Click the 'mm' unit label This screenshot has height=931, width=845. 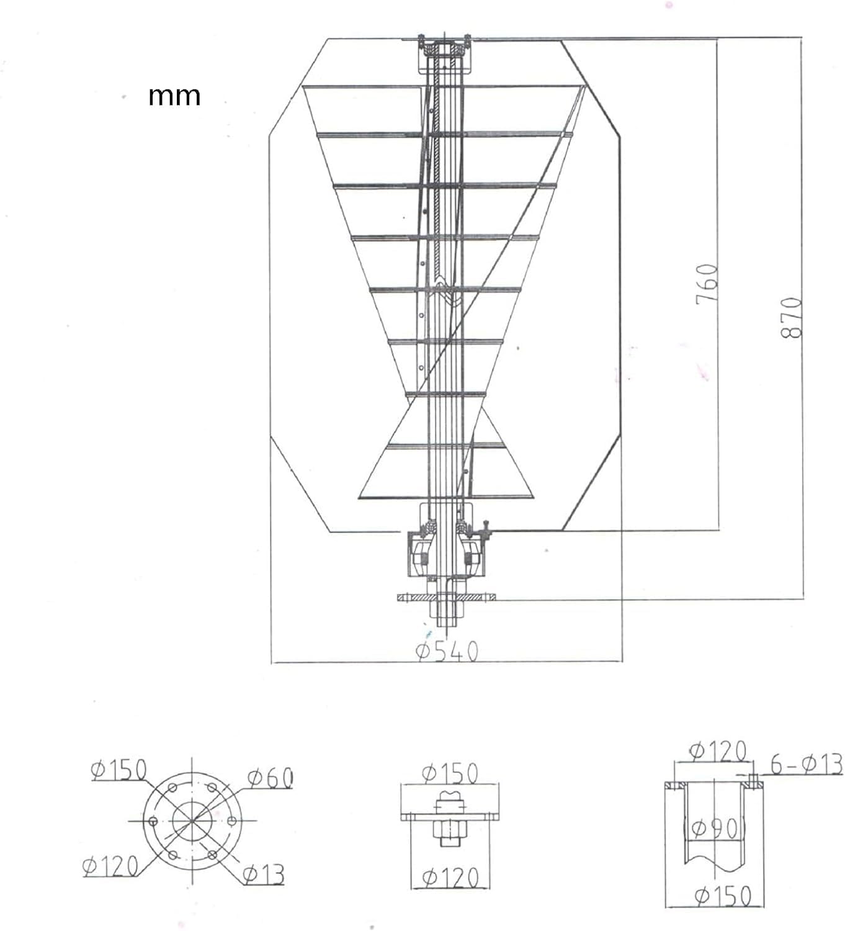pos(174,96)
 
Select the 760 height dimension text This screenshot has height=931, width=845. pos(707,284)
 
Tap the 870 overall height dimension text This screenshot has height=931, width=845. pos(792,317)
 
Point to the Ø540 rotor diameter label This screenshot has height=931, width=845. pos(447,651)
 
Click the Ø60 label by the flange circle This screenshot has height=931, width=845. pos(270,778)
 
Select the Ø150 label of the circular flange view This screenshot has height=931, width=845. pos(118,770)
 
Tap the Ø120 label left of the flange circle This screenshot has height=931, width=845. pos(110,866)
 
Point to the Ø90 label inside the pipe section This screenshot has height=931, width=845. pos(714,828)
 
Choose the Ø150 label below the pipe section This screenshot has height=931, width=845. pos(723,896)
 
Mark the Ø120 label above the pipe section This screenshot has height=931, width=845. pos(718,751)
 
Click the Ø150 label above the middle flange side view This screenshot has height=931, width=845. pos(450,773)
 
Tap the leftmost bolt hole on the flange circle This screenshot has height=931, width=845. pos(151,821)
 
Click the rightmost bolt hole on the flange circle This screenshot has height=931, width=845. pos(232,821)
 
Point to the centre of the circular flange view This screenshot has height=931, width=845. pos(192,821)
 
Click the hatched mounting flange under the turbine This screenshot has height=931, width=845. pos(446,598)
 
